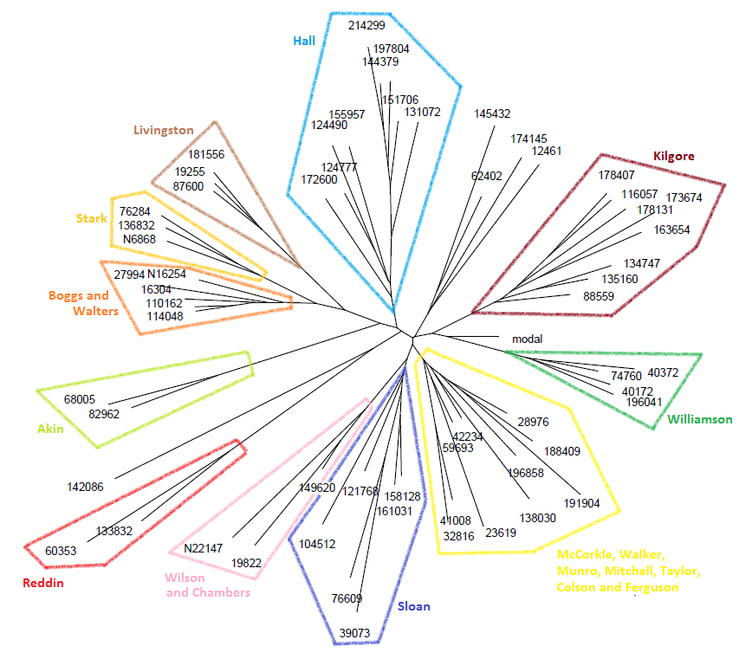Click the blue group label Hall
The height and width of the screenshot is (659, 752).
pyautogui.click(x=304, y=41)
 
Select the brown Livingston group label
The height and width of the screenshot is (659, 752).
pyautogui.click(x=164, y=130)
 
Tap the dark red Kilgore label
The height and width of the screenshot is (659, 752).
pyautogui.click(x=673, y=157)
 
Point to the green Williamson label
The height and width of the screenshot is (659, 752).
pyautogui.click(x=700, y=420)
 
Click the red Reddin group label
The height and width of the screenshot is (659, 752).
pyautogui.click(x=42, y=583)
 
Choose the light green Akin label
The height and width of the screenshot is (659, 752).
pyautogui.click(x=50, y=428)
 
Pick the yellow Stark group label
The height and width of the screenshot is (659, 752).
pyautogui.click(x=91, y=218)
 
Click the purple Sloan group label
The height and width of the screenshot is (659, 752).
pyautogui.click(x=413, y=606)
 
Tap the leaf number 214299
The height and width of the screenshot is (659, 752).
pyautogui.click(x=366, y=26)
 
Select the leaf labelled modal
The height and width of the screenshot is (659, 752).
pyautogui.click(x=527, y=339)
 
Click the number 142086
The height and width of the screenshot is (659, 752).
pyautogui.click(x=85, y=487)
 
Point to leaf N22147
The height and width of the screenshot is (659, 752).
pyautogui.click(x=203, y=548)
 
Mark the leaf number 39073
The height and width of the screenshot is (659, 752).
pyautogui.click(x=355, y=633)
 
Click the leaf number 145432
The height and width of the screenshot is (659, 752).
pyautogui.click(x=492, y=113)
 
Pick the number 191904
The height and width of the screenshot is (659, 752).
pyautogui.click(x=582, y=503)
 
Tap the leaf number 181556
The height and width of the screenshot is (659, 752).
pyautogui.click(x=206, y=155)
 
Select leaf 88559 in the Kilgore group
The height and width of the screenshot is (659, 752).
pyautogui.click(x=599, y=296)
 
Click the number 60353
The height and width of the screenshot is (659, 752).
pyautogui.click(x=61, y=551)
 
